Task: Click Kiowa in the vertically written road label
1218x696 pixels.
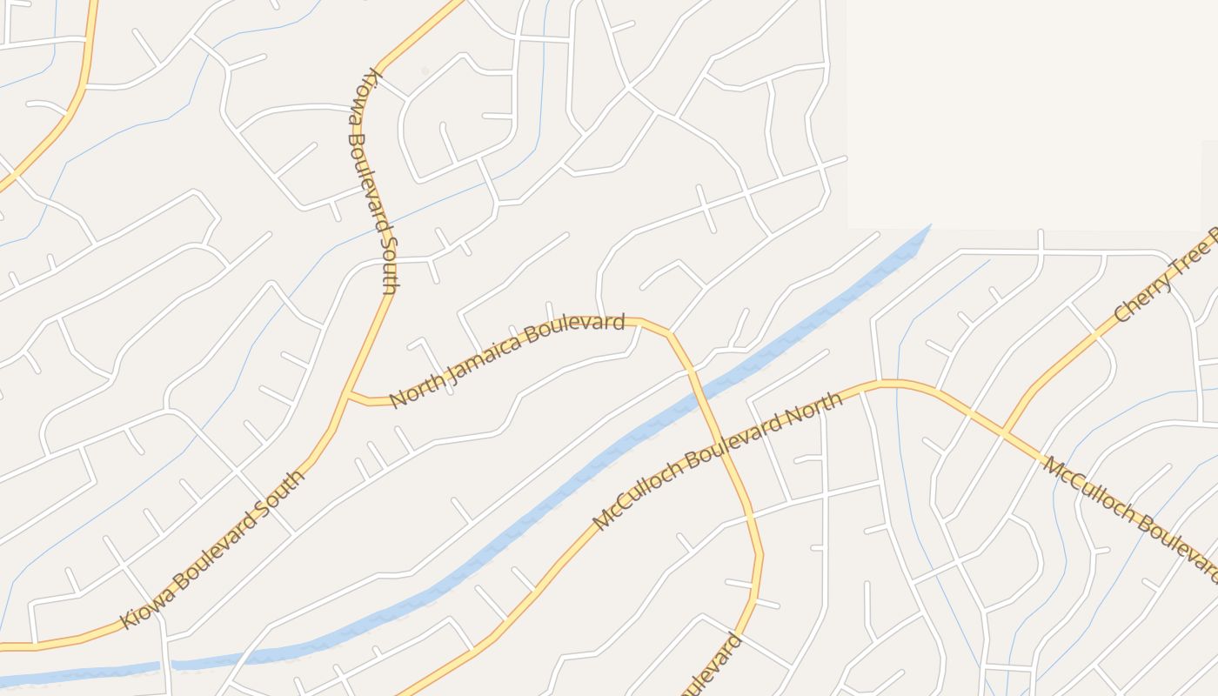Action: pyautogui.click(x=368, y=92)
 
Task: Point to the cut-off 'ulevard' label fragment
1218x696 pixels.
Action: pyautogui.click(x=719, y=665)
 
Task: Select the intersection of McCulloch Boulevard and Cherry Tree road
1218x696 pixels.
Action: pyautogui.click(x=1003, y=431)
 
